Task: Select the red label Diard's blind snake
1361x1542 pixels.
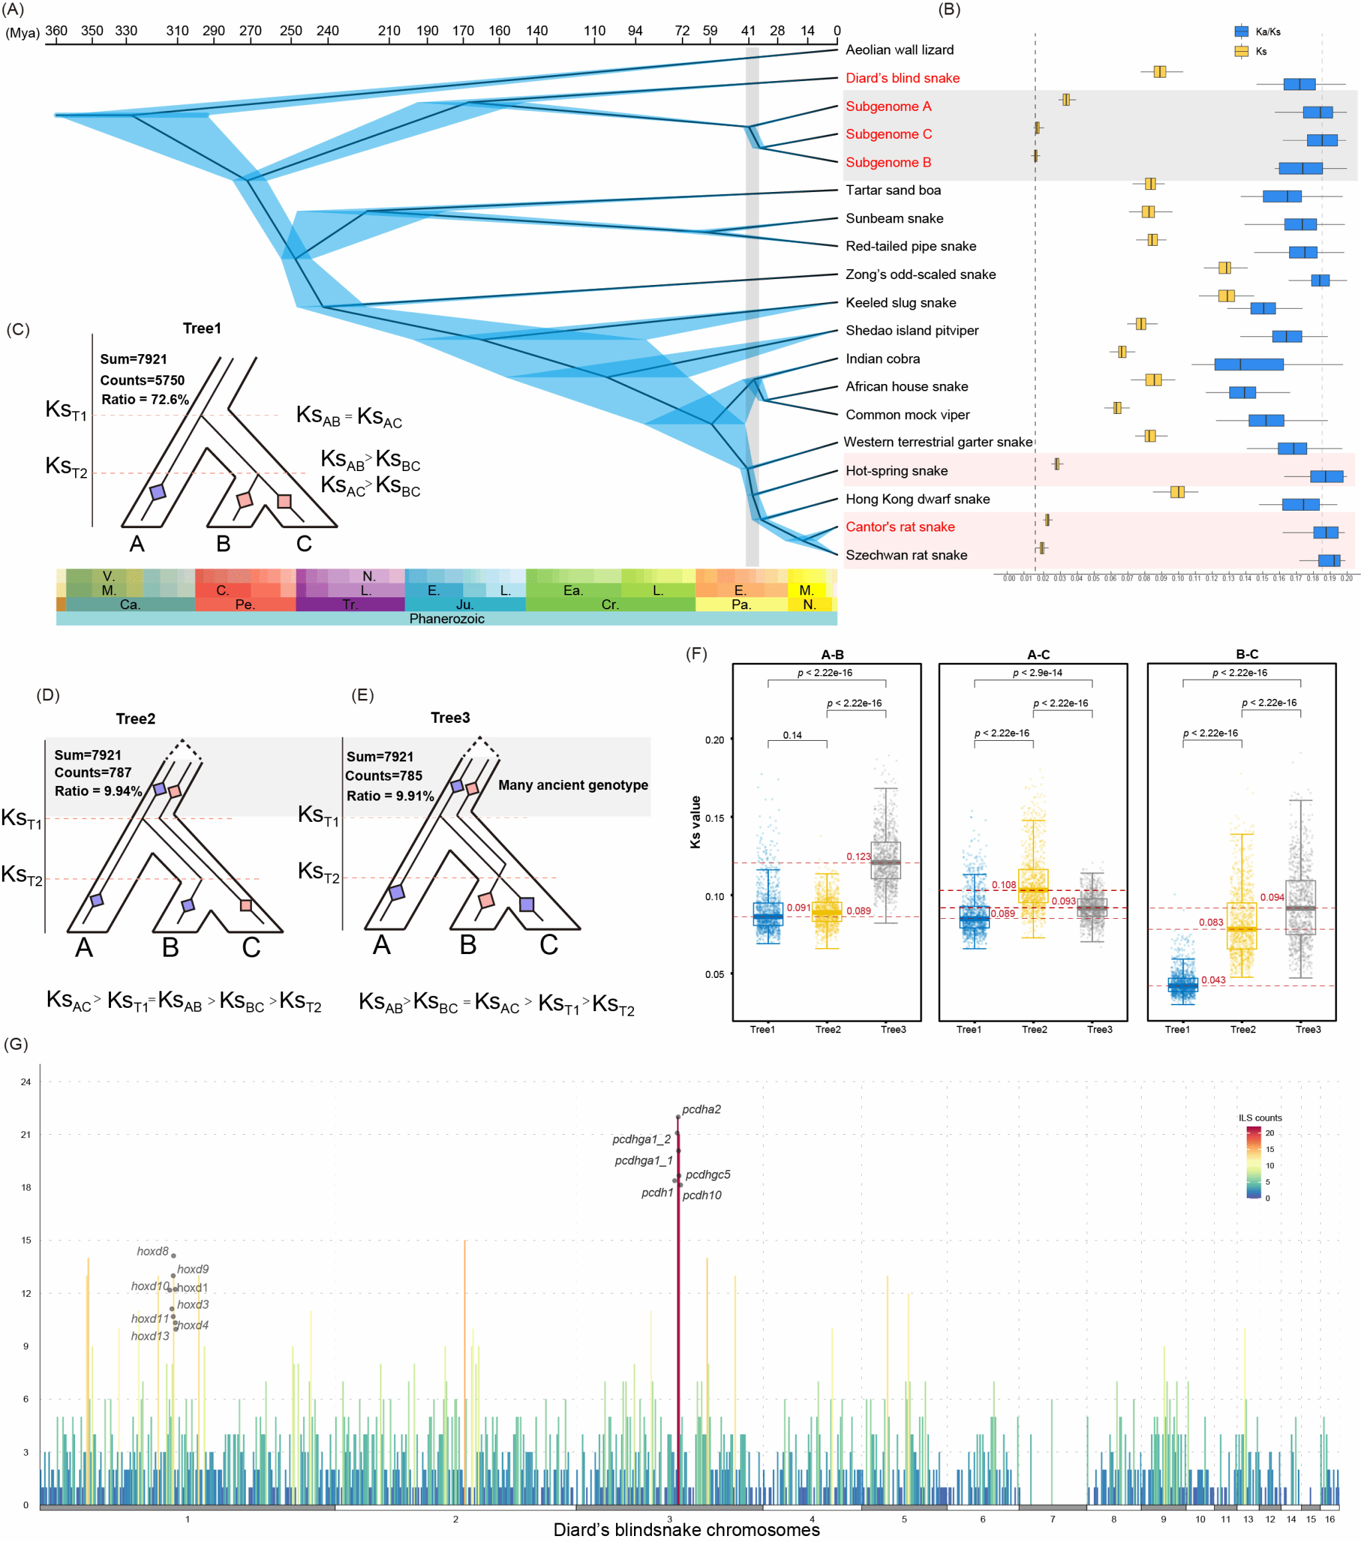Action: point(902,78)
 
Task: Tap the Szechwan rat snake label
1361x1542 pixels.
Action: point(906,555)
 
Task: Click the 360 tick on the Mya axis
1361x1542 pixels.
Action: point(56,32)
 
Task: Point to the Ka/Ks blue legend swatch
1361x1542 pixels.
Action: point(1241,32)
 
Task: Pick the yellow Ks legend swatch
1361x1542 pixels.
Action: point(1241,51)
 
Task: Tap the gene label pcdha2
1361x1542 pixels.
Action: point(701,1109)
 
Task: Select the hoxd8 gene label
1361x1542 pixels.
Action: point(152,1252)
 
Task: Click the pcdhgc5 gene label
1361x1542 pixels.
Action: point(708,1175)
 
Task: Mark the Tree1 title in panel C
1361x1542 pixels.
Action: point(201,328)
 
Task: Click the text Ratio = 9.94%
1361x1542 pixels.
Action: point(98,791)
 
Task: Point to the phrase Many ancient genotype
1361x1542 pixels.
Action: point(573,785)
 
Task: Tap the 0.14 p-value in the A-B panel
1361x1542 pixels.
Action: point(792,735)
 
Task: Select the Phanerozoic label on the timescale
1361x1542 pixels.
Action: point(447,619)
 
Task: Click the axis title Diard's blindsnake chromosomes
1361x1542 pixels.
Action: point(686,1530)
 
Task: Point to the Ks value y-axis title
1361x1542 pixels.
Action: point(696,822)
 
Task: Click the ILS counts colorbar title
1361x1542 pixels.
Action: point(1260,1118)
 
